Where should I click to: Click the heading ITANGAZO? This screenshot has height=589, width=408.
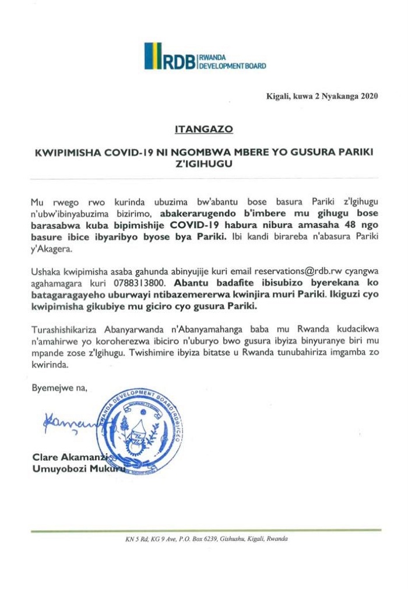(203, 125)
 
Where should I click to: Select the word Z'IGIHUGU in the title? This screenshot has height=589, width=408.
(203, 164)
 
